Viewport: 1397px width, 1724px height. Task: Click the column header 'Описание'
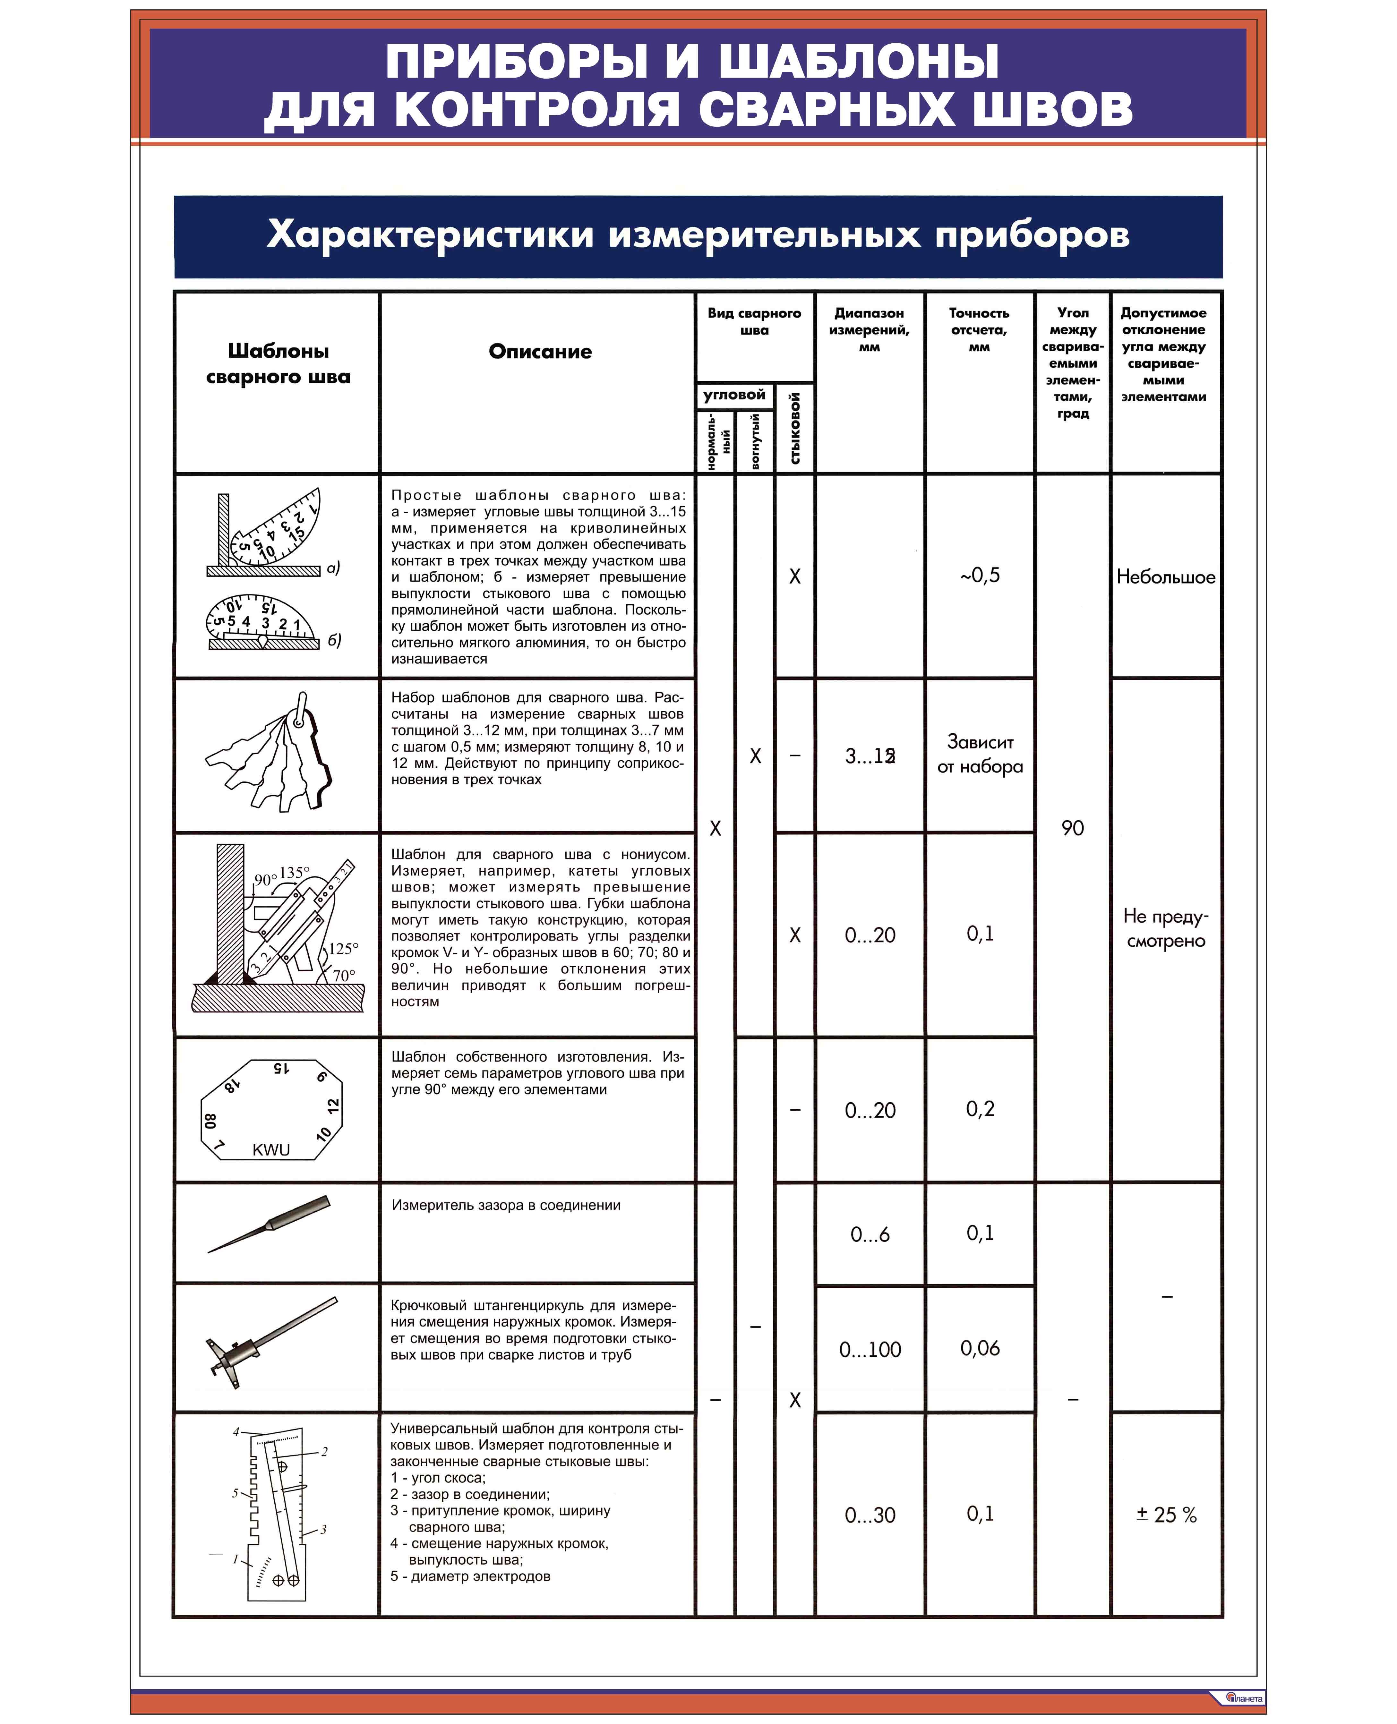(x=540, y=352)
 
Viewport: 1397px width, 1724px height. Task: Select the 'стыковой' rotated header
(x=795, y=428)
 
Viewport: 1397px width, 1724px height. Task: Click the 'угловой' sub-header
(x=734, y=395)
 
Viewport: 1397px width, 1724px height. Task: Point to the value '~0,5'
(x=979, y=575)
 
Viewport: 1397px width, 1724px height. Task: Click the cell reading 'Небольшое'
(x=1165, y=577)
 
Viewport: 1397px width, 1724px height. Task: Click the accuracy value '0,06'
(x=979, y=1348)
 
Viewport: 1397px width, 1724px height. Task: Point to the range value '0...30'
(x=870, y=1516)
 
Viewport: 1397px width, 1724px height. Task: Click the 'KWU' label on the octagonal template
(x=271, y=1150)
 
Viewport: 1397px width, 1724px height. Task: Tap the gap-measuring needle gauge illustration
(x=270, y=1224)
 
